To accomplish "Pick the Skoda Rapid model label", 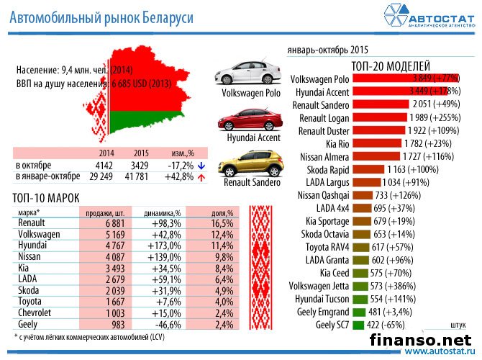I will [323, 168].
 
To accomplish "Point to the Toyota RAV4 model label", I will [324, 247].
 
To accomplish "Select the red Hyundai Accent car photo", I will [245, 120].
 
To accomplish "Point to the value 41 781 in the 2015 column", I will [140, 176].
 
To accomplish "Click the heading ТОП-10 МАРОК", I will [47, 197].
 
